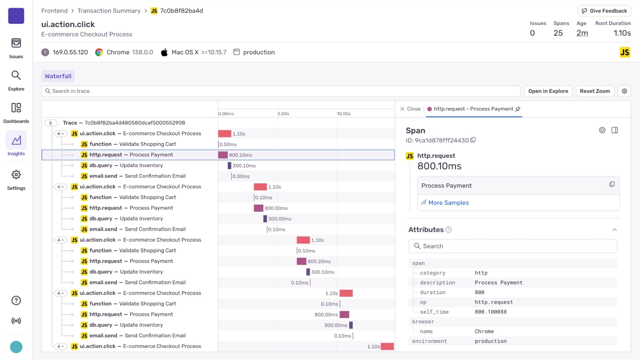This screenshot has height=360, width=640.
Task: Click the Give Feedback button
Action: pyautogui.click(x=604, y=11)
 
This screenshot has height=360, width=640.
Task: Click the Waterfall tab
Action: pyautogui.click(x=58, y=76)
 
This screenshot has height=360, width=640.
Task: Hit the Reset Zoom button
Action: pyautogui.click(x=595, y=91)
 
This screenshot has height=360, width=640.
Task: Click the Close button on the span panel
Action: pyautogui.click(x=410, y=109)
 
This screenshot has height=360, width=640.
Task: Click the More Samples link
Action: pyautogui.click(x=448, y=203)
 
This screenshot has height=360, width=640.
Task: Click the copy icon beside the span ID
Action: pyautogui.click(x=473, y=140)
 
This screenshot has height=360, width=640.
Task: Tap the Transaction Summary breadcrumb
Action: pyautogui.click(x=109, y=11)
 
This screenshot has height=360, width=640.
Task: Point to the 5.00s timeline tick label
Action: pyautogui.click(x=283, y=114)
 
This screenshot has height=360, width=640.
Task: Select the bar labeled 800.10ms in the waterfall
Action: pyautogui.click(x=223, y=155)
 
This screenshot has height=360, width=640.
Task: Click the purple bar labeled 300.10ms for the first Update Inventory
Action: pyautogui.click(x=229, y=166)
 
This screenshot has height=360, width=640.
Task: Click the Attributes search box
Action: pyautogui.click(x=513, y=246)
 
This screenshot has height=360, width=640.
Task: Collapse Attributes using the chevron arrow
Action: pyautogui.click(x=614, y=230)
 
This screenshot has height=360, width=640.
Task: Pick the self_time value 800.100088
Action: pyautogui.click(x=490, y=312)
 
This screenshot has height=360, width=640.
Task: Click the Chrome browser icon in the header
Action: pyautogui.click(x=99, y=52)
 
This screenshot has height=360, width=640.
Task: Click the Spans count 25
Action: pyautogui.click(x=558, y=33)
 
